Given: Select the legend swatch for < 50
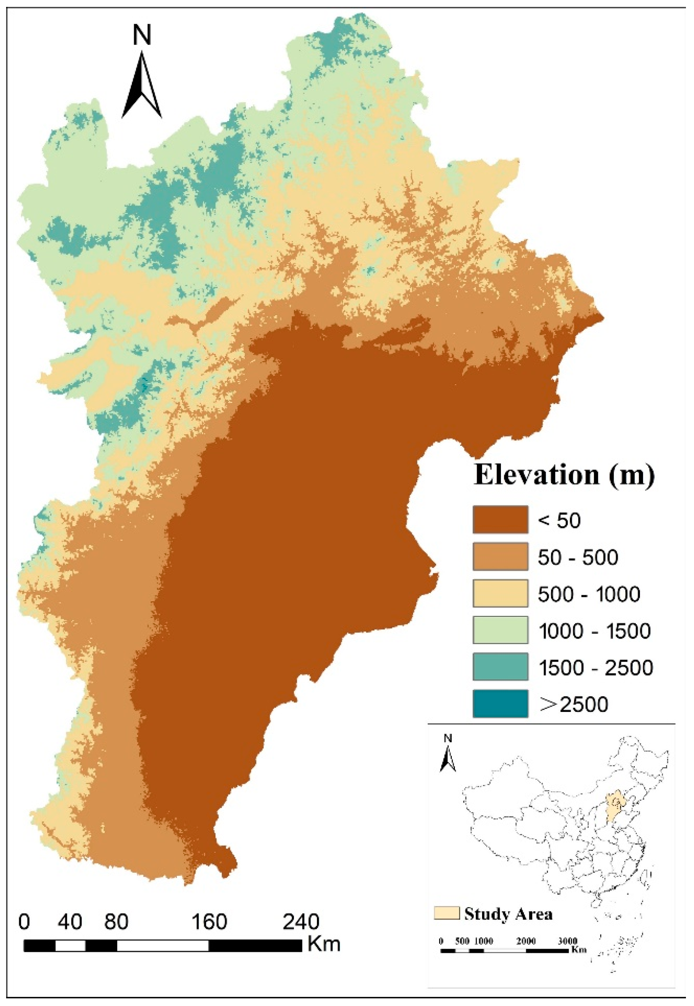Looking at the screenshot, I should [x=500, y=519].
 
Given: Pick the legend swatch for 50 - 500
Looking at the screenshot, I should [x=500, y=556].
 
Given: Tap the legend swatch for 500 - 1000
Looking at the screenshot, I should [x=500, y=593].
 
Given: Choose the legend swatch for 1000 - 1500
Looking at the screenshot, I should [x=500, y=630].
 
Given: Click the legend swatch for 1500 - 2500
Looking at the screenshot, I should [x=500, y=667].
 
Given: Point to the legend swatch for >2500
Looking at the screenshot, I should [x=500, y=703].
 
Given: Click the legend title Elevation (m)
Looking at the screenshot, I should [x=564, y=475].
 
